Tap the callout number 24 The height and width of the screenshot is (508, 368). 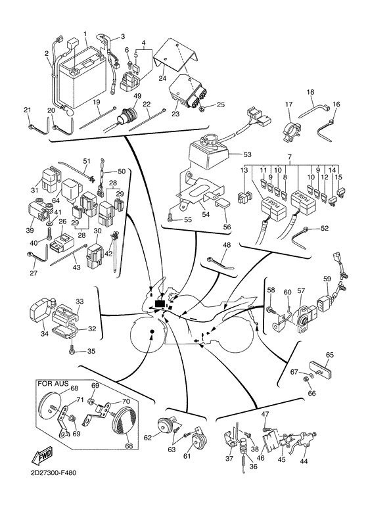coord(162,78)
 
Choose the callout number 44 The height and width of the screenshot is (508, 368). coord(304,462)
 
